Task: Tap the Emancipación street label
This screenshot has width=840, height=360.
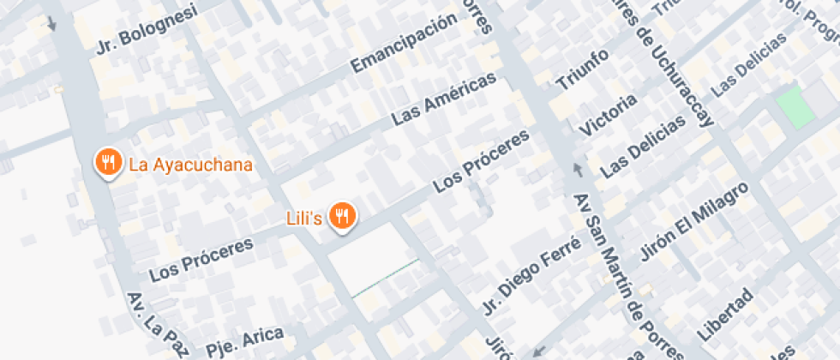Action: point(403,43)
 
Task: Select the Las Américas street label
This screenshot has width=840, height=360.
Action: point(444,100)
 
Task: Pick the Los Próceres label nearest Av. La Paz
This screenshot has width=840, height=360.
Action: point(201,259)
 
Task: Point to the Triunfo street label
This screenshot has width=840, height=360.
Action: point(583,70)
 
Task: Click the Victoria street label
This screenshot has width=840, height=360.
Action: point(609,115)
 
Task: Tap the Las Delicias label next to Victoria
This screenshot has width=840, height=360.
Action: point(644,147)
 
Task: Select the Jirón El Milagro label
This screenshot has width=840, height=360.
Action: point(695,221)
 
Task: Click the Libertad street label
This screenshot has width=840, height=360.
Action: point(725,315)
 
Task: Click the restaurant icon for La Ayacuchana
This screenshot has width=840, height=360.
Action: point(107,162)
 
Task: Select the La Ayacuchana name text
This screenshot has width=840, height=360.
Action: point(190,165)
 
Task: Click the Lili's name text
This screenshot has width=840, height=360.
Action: point(304,219)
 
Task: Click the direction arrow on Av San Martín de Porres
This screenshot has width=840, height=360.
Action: point(577,169)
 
